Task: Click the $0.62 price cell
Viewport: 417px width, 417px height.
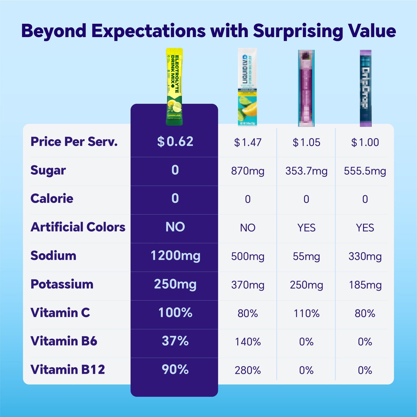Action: click(175, 142)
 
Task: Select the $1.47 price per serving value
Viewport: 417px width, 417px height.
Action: click(248, 142)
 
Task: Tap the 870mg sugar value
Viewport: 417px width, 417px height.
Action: click(248, 171)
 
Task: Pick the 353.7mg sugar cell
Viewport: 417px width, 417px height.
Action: click(306, 171)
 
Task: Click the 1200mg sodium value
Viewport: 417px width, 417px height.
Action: click(175, 256)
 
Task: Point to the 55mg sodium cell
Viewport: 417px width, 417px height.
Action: click(306, 256)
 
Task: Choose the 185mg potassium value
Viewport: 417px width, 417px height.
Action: click(365, 285)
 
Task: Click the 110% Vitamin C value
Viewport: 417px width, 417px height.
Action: click(306, 313)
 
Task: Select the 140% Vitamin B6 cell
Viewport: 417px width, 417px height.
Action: click(248, 342)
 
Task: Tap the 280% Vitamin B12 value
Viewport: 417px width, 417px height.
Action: click(248, 370)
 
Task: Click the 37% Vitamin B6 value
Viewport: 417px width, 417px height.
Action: click(175, 341)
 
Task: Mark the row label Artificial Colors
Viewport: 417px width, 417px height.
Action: click(78, 227)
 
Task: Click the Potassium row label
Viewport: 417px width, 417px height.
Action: click(62, 284)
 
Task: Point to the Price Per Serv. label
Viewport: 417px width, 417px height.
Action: click(74, 142)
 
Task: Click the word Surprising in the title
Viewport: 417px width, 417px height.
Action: click(298, 31)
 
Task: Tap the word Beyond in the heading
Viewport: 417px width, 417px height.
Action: click(54, 31)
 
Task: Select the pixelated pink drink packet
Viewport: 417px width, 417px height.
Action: click(306, 88)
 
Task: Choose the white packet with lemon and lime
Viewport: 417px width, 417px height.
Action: click(247, 87)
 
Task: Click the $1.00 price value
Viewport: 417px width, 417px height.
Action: click(365, 142)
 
